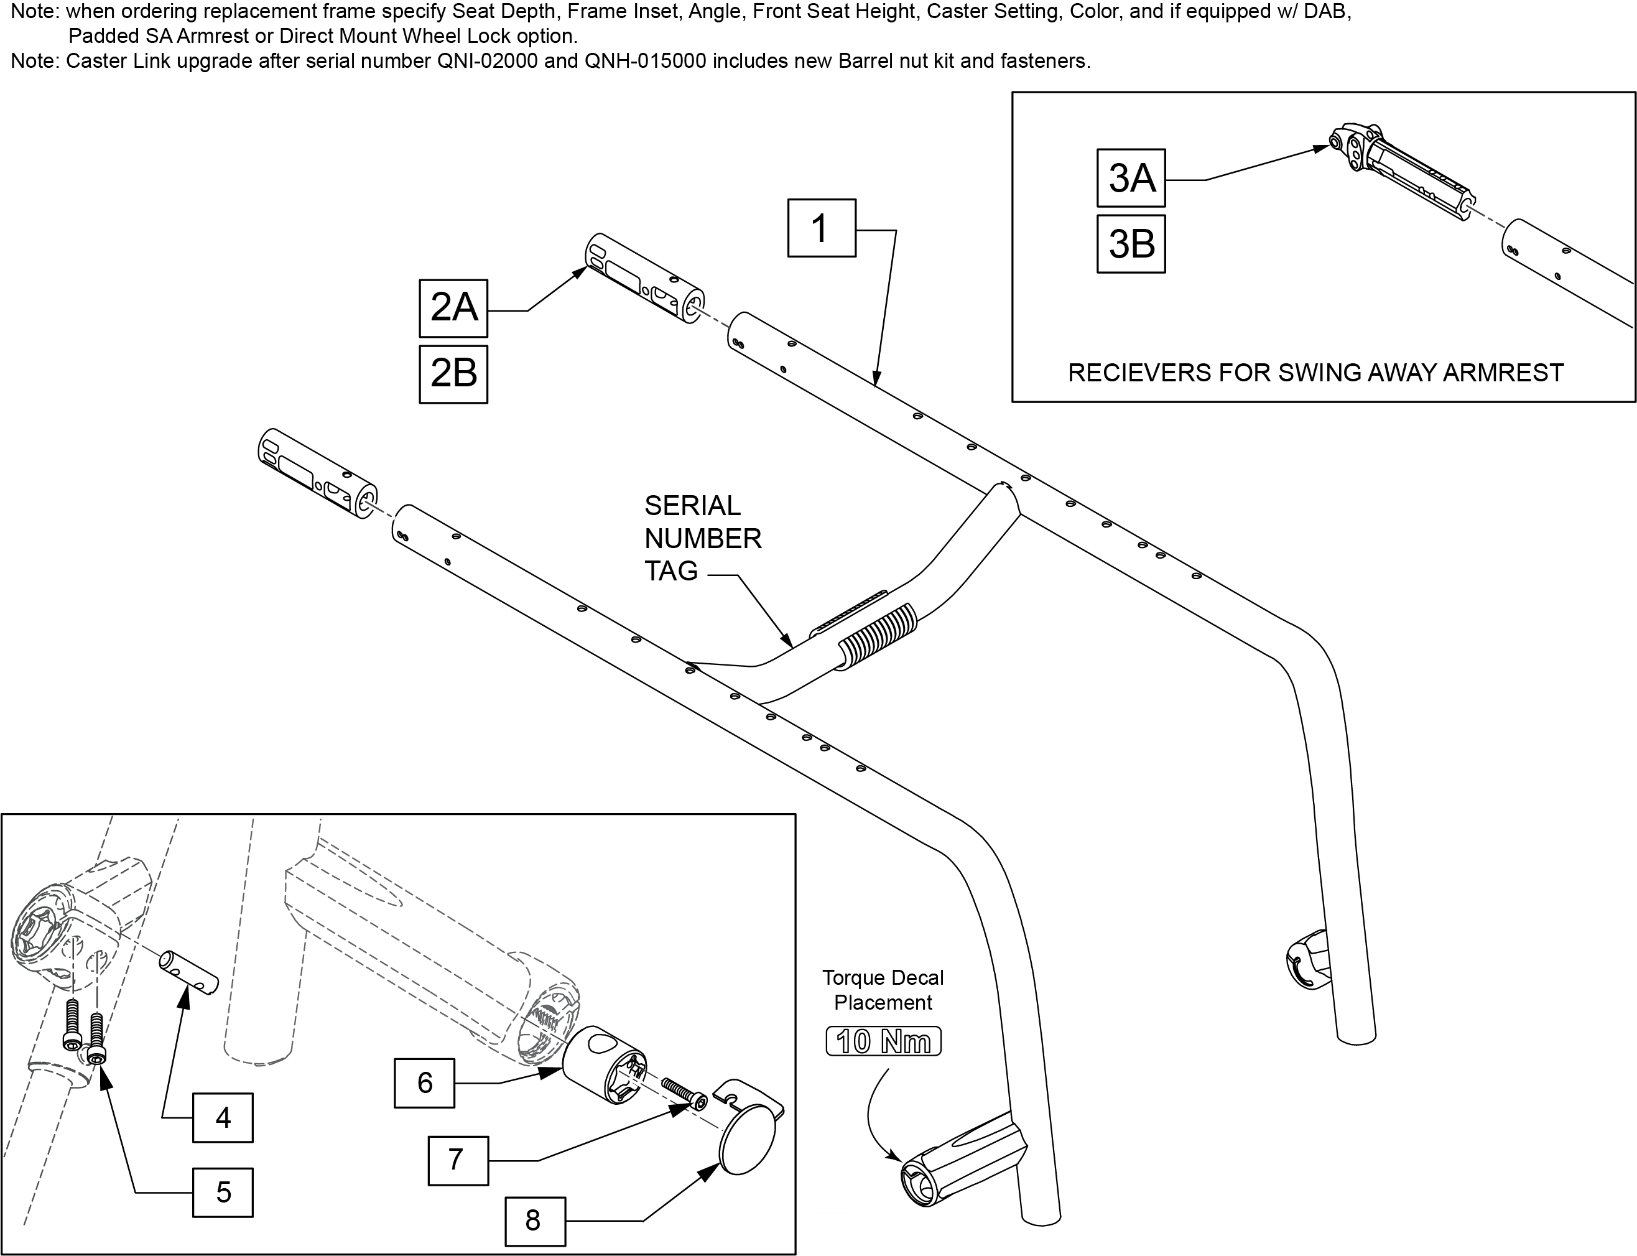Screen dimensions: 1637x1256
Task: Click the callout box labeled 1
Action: click(x=822, y=228)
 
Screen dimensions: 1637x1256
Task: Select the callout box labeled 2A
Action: click(x=453, y=308)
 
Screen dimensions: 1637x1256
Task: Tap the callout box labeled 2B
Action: click(x=453, y=374)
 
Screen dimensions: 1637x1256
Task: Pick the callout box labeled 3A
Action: click(x=1131, y=178)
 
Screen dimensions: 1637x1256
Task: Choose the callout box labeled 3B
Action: click(x=1131, y=244)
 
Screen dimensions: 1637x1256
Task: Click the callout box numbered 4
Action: click(x=223, y=1118)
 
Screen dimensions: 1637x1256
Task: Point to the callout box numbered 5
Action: click(x=223, y=1193)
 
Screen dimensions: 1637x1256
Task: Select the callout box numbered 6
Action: click(x=425, y=1082)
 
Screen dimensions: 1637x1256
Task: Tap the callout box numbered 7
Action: click(x=458, y=1160)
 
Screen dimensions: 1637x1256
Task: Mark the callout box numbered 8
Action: click(x=536, y=1221)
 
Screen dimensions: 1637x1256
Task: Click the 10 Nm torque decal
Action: click(x=884, y=1041)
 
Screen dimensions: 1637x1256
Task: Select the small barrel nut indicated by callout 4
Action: click(x=186, y=972)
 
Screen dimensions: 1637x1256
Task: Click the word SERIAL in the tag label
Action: click(x=692, y=506)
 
